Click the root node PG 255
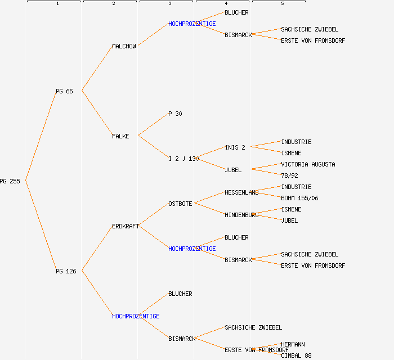(x=10, y=181)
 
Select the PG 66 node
(x=64, y=91)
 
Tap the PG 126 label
(x=66, y=271)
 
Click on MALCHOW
(x=124, y=46)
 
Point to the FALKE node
(x=120, y=136)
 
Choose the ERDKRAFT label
(x=126, y=226)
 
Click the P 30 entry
(x=175, y=114)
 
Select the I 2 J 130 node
(x=183, y=159)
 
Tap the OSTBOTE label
(x=180, y=204)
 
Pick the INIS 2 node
(x=235, y=147)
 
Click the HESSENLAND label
(x=241, y=192)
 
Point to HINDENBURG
(x=241, y=215)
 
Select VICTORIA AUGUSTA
(x=308, y=164)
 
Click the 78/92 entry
(x=289, y=175)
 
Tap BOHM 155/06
(x=299, y=198)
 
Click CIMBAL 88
(x=296, y=355)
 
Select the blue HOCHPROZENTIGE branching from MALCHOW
(x=192, y=24)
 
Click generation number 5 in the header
(x=283, y=4)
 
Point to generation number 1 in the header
(x=57, y=4)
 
